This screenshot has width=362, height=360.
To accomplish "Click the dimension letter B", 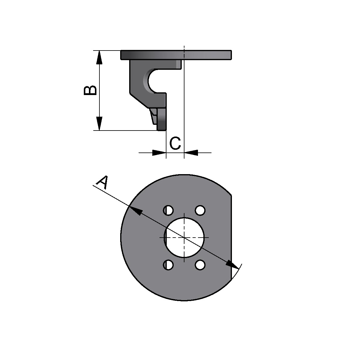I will point(90,90).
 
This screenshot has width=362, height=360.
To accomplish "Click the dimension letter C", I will point(175,143).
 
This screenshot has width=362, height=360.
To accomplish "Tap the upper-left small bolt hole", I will point(169,210).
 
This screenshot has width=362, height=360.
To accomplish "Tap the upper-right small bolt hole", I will point(200,210).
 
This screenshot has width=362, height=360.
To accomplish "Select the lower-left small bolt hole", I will point(169,265).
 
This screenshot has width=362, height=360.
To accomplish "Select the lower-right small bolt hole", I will point(200,265).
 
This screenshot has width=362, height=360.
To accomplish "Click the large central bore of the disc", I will point(184,237).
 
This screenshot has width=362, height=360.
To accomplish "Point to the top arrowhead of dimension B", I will point(99,57).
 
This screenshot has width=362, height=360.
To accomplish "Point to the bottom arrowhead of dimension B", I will point(99,124).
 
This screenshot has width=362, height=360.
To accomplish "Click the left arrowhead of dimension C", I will point(159,153).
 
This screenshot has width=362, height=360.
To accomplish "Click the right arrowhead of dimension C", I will point(191,153).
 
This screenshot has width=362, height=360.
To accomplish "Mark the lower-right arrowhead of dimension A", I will point(232,264).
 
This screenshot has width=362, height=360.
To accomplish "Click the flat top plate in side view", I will point(176,55).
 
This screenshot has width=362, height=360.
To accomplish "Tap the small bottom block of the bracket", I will point(162,119).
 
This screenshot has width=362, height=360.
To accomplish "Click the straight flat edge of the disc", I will point(231,238).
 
